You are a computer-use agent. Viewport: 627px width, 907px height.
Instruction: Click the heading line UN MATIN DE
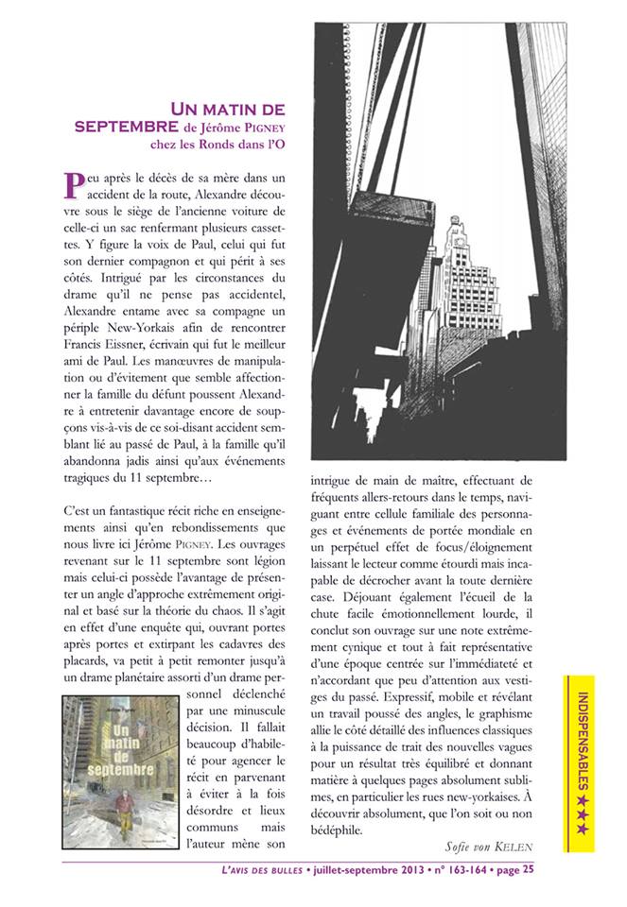[x=226, y=111]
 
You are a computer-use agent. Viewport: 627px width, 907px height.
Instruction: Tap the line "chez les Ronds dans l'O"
[x=218, y=145]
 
